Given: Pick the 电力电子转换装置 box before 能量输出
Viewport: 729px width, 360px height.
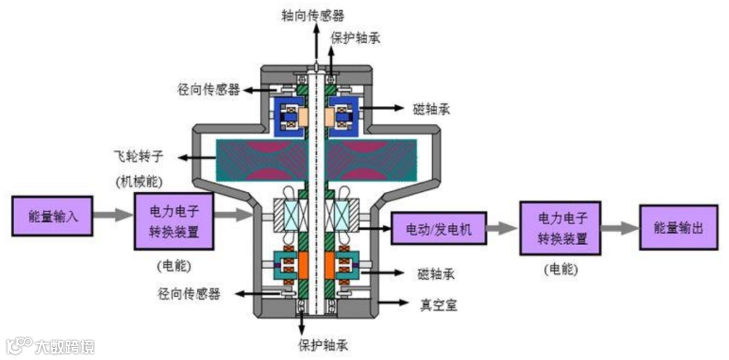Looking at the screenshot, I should click(560, 228).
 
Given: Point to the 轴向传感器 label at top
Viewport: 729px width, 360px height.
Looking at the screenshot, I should click(313, 15).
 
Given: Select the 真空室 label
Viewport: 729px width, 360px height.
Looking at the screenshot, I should click(438, 305).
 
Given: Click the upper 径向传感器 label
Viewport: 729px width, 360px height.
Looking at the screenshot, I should click(209, 90).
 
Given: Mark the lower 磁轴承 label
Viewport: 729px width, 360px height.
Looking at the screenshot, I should click(437, 274).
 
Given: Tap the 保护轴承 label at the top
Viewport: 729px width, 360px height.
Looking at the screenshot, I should click(355, 37).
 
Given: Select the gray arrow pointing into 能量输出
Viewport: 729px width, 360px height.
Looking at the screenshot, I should click(620, 228).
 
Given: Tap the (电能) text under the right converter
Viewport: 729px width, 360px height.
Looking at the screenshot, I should click(560, 269).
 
